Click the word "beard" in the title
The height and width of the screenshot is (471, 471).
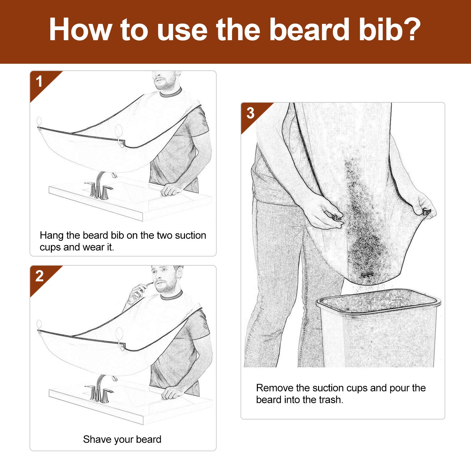(x=309, y=30)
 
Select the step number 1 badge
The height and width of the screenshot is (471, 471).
(x=39, y=82)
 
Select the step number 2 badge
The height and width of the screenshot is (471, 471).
(x=39, y=276)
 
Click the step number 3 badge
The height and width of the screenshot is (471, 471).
(x=250, y=113)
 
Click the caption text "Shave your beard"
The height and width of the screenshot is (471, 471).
(x=122, y=439)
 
